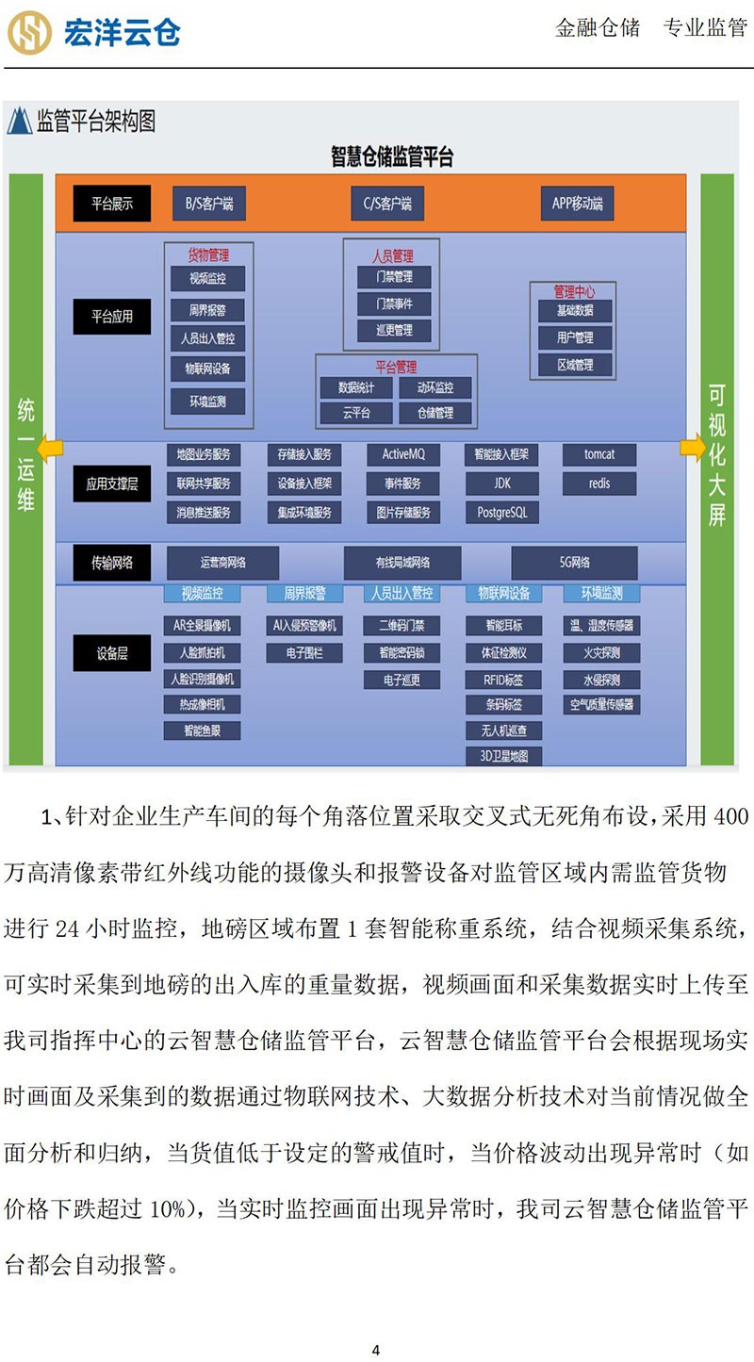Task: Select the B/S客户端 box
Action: pos(209,203)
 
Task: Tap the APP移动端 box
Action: pos(578,203)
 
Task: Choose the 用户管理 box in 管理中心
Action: pos(575,337)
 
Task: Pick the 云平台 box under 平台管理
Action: pos(355,413)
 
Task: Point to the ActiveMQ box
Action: pos(403,454)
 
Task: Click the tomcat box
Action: pos(598,454)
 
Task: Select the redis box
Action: pos(598,484)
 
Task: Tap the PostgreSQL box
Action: pos(502,513)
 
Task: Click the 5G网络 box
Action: pos(574,563)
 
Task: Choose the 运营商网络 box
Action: pos(223,563)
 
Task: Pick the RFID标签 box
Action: pos(502,679)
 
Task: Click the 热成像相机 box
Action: pos(203,704)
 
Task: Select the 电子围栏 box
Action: pos(303,652)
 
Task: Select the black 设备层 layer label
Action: pos(112,653)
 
